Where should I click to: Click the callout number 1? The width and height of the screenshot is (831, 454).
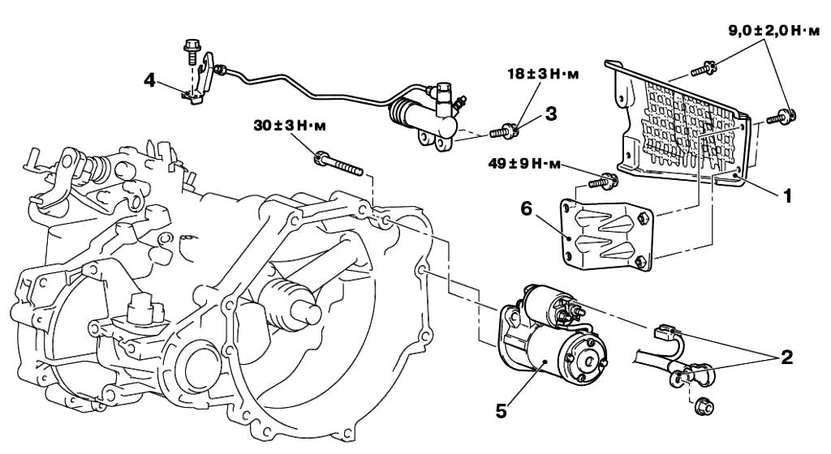[x=787, y=195]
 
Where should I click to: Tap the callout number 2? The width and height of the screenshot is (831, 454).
[x=786, y=358]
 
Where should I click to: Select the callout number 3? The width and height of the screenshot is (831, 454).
[x=551, y=113]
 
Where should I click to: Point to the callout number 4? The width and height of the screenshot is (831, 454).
[x=150, y=81]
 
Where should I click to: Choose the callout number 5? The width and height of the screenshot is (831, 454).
[x=501, y=411]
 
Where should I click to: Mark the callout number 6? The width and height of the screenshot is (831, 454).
[x=526, y=209]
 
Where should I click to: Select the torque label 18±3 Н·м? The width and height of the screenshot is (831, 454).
[x=543, y=74]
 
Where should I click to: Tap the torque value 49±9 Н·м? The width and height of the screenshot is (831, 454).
[x=524, y=164]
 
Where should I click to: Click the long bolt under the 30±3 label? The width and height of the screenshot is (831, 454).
[x=338, y=164]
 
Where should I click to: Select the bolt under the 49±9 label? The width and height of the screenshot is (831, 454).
[x=603, y=182]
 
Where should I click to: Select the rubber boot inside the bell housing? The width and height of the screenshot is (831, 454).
[x=284, y=303]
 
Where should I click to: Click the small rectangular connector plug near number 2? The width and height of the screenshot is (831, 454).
[x=664, y=332]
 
